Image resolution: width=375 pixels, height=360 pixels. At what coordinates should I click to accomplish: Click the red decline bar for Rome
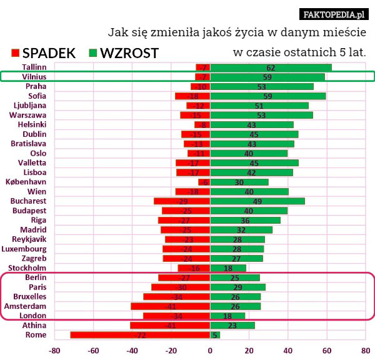pos(140,335)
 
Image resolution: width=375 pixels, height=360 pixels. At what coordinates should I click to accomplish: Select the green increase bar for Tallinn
pos(271,67)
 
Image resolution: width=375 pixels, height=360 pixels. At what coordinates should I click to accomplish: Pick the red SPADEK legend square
pos(15,53)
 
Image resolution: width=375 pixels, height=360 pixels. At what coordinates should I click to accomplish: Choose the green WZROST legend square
pos(93,53)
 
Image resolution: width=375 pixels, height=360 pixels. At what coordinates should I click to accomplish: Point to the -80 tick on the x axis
pos(55,350)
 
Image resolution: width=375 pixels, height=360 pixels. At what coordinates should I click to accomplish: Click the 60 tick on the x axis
pos(327,350)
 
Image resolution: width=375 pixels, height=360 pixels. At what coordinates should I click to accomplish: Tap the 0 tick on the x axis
pos(210,350)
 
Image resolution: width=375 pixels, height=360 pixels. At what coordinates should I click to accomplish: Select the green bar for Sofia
pos(267,96)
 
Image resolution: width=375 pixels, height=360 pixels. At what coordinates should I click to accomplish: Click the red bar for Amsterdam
pos(170,306)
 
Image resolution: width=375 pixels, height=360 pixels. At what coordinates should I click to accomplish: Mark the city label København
pos(26,182)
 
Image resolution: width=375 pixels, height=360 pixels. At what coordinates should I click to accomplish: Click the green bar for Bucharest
pos(257,201)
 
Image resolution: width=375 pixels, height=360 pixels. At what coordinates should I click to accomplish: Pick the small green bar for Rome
pos(215,335)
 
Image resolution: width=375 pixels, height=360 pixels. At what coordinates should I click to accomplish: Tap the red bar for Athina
pos(170,326)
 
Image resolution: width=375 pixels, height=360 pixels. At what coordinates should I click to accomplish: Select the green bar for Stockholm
pos(228,268)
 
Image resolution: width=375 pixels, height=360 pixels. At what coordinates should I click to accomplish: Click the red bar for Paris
pos(181,287)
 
